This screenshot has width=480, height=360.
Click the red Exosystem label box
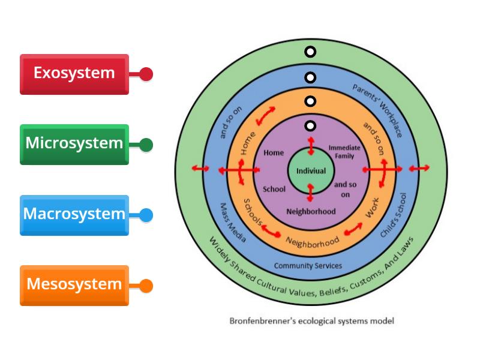[74, 74]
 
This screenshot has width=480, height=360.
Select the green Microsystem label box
[74, 144]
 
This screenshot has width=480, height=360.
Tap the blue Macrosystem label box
[74, 214]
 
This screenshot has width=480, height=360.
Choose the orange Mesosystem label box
[74, 284]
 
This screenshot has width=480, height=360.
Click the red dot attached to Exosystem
[146, 74]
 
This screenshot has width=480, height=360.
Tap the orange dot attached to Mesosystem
[146, 286]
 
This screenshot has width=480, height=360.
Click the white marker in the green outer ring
[310, 52]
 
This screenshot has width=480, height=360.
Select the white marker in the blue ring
[310, 77]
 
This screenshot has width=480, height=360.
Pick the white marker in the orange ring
[310, 101]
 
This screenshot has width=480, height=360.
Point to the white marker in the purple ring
[310, 126]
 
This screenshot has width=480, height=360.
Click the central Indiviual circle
[310, 171]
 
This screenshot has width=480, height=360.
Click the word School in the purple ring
[274, 189]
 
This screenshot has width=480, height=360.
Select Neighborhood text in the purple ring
[310, 211]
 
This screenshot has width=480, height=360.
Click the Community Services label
[308, 265]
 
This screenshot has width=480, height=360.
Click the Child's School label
[395, 215]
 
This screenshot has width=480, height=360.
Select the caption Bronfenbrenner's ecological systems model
[311, 321]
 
